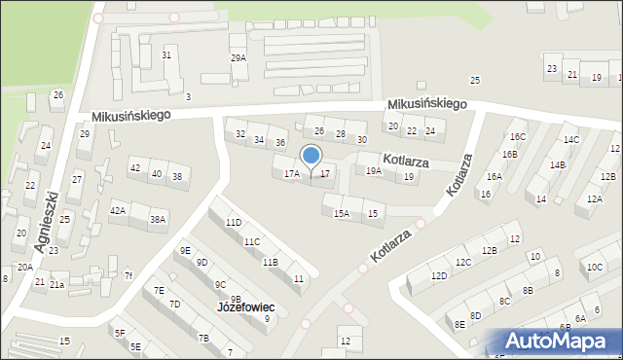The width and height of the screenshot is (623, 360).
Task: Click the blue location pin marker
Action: (311, 157)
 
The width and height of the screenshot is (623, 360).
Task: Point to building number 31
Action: (166, 55)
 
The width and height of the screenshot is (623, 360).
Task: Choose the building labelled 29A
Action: (238, 58)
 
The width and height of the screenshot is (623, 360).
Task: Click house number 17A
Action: (291, 174)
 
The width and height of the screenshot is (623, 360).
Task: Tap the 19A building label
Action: (374, 171)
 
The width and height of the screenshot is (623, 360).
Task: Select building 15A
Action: (342, 214)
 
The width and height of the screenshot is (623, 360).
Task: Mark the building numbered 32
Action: (240, 133)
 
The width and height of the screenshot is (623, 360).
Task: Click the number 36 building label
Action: (279, 143)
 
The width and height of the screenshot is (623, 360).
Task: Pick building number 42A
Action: (118, 210)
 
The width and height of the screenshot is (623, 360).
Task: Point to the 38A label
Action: (157, 220)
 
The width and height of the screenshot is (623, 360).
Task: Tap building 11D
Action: (234, 223)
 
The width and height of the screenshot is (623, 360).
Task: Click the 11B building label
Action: (270, 262)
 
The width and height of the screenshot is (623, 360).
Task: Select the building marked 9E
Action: (185, 250)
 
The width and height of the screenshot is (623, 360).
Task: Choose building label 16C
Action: (518, 137)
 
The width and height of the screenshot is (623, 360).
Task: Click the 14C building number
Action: (570, 140)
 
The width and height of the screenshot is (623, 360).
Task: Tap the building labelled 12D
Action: (440, 276)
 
